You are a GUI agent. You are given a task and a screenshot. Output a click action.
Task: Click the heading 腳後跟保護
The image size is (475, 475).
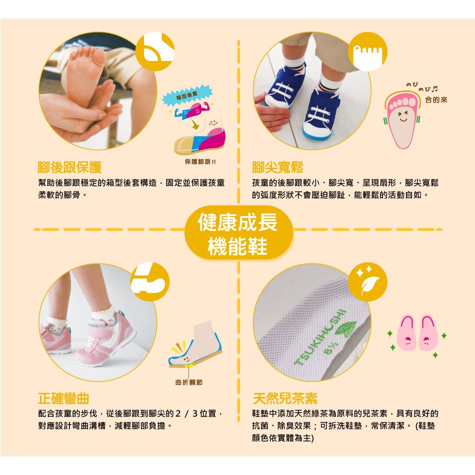click(69, 167)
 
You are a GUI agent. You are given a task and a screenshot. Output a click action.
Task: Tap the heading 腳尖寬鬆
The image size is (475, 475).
click(277, 167)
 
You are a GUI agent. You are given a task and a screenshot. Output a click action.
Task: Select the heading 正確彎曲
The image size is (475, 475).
click(63, 398)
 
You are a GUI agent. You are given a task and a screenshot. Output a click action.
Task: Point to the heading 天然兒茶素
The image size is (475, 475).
click(285, 398)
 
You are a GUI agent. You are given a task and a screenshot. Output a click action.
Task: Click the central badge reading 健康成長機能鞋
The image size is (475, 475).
click(238, 233)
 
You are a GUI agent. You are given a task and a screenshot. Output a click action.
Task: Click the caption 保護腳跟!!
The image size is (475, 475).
click(200, 162)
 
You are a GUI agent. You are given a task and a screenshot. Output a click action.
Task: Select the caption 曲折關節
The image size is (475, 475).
click(188, 382)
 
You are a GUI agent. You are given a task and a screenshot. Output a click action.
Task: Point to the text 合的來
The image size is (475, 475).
click(436, 100)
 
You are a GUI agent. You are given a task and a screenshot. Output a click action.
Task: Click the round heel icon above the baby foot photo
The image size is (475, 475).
click(155, 51)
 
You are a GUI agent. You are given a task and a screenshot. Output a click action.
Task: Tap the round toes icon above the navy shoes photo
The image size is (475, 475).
click(367, 51)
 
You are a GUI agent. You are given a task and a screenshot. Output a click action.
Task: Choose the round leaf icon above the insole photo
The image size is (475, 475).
click(367, 282)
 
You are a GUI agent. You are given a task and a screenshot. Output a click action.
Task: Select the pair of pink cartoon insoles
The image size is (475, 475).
click(417, 332)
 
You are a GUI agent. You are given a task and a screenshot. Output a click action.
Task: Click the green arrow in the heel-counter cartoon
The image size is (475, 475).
click(195, 124)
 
